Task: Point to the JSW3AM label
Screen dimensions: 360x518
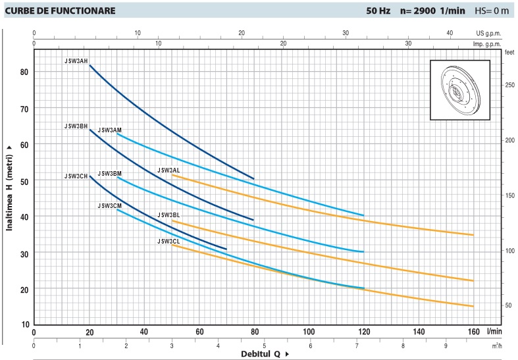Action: pos(109,130)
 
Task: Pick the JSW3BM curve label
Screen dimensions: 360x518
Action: pos(109,174)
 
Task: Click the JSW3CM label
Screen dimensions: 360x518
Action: pos(109,205)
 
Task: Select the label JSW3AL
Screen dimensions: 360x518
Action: pos(168,170)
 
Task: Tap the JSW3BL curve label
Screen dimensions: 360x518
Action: pos(168,215)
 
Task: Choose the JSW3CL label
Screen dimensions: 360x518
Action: pos(168,241)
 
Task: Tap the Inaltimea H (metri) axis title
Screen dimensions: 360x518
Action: pos(10,188)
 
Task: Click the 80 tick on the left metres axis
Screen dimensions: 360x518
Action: pos(25,72)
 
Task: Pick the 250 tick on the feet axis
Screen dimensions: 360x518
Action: pos(509,86)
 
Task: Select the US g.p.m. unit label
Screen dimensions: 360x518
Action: pos(489,33)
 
